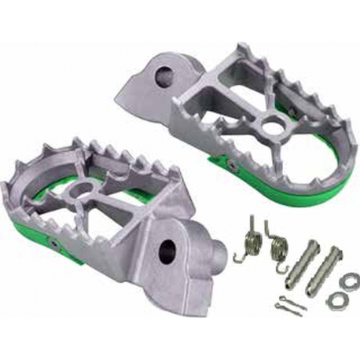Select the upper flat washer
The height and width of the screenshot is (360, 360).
[349, 281]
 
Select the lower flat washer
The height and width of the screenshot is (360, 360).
[336, 300]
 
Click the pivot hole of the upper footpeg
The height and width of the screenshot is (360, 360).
[165, 76]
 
